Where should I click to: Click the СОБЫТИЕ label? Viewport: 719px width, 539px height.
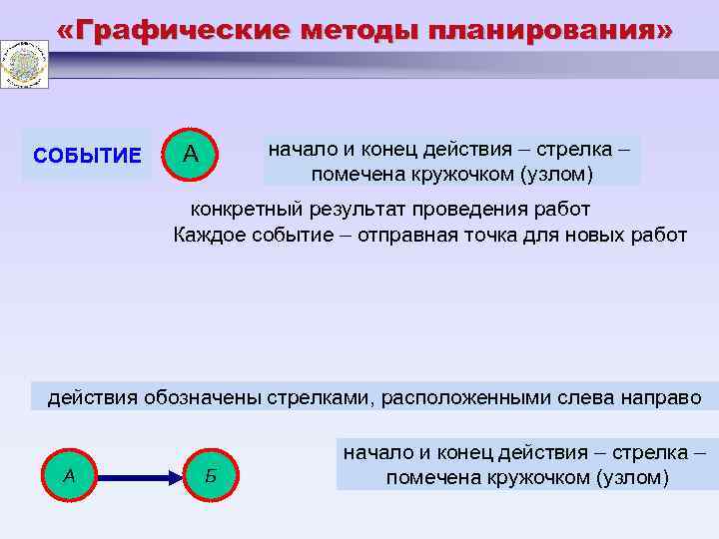point(87,156)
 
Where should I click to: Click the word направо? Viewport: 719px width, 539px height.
point(657,398)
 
